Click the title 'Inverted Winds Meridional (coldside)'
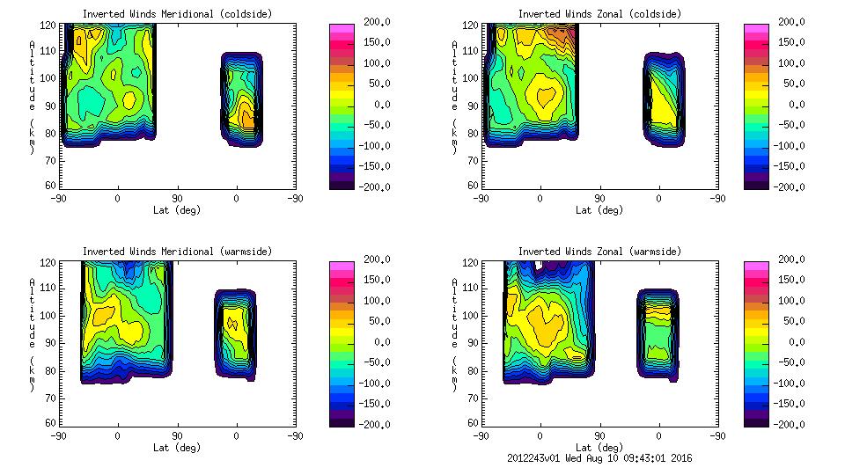177,14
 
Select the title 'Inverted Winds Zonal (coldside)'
599,14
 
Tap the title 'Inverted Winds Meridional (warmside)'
177,252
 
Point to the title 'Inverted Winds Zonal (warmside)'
599,252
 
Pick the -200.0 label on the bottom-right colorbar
794,424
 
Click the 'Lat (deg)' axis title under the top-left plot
177,210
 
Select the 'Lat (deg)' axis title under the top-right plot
599,210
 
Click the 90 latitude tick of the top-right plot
599,198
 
